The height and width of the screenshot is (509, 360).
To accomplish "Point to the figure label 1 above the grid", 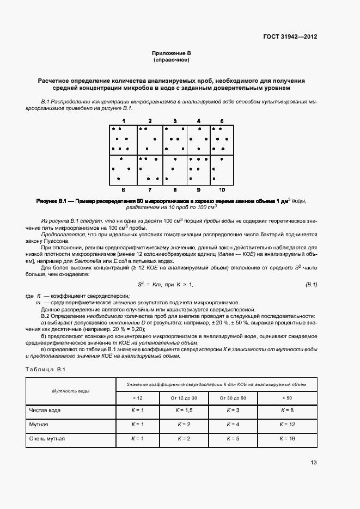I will tap(124, 120).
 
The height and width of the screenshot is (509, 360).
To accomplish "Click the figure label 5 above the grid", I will tap(222, 120).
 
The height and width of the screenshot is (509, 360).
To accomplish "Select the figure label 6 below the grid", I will tap(124, 189).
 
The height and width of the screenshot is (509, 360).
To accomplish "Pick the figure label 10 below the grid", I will tap(222, 189).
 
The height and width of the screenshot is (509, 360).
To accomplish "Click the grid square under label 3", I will tap(175, 140).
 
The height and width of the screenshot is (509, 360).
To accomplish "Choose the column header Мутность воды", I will tap(71, 391).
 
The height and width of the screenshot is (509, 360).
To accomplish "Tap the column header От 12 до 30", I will tap(184, 398).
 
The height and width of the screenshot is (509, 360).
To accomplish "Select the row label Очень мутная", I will tap(47, 438).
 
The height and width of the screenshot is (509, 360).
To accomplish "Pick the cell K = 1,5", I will tap(184, 410).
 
